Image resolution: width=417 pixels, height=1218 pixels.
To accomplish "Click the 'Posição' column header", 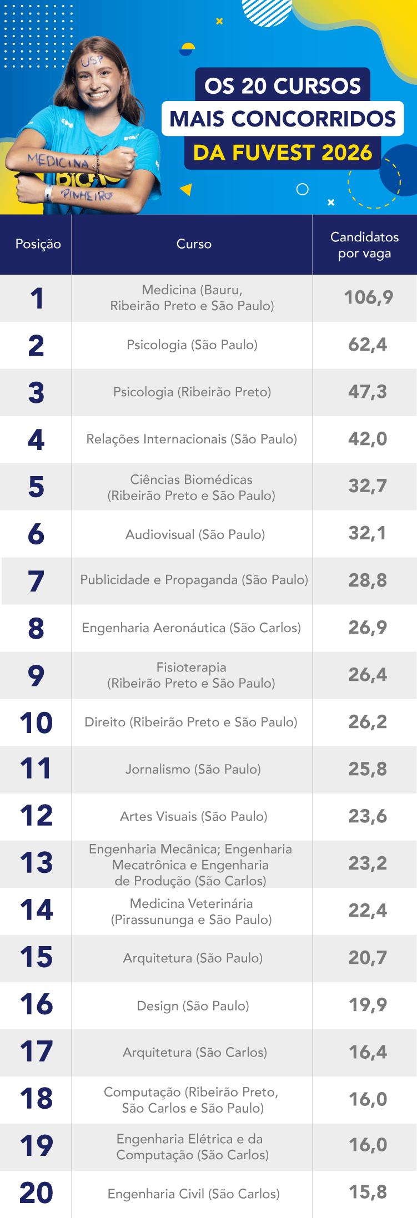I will (x=38, y=244).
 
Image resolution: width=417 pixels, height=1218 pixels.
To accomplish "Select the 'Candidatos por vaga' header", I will (x=364, y=245).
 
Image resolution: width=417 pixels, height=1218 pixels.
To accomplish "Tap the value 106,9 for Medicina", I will (x=368, y=297).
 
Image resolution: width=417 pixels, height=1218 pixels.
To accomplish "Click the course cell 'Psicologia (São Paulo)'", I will (x=192, y=345).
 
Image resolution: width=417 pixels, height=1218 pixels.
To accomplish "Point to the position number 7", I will (x=36, y=581).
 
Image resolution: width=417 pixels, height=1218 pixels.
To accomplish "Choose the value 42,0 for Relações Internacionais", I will (x=368, y=439).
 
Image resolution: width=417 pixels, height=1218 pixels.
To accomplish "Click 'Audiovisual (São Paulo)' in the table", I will (x=195, y=534).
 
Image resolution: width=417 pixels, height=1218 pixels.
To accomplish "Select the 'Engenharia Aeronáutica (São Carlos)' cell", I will (x=192, y=628).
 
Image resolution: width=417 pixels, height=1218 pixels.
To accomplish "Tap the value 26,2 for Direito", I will (x=368, y=722).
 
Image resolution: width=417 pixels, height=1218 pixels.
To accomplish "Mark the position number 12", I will (x=36, y=816).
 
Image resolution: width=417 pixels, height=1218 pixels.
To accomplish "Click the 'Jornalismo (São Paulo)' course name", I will (x=193, y=769).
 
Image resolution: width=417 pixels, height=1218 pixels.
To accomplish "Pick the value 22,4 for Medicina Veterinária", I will (x=368, y=911).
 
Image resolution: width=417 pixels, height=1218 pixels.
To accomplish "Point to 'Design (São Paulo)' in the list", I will (x=193, y=1005).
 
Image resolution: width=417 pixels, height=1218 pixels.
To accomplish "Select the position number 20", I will (x=36, y=1193).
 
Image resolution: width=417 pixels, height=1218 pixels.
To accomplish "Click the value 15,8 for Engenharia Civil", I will (x=368, y=1192).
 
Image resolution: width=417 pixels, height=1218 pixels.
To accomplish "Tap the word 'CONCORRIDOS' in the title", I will (x=313, y=119).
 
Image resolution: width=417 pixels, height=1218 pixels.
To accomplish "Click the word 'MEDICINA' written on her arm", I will (x=58, y=161).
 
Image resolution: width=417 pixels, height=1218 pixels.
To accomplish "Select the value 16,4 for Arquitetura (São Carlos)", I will (x=368, y=1052).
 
